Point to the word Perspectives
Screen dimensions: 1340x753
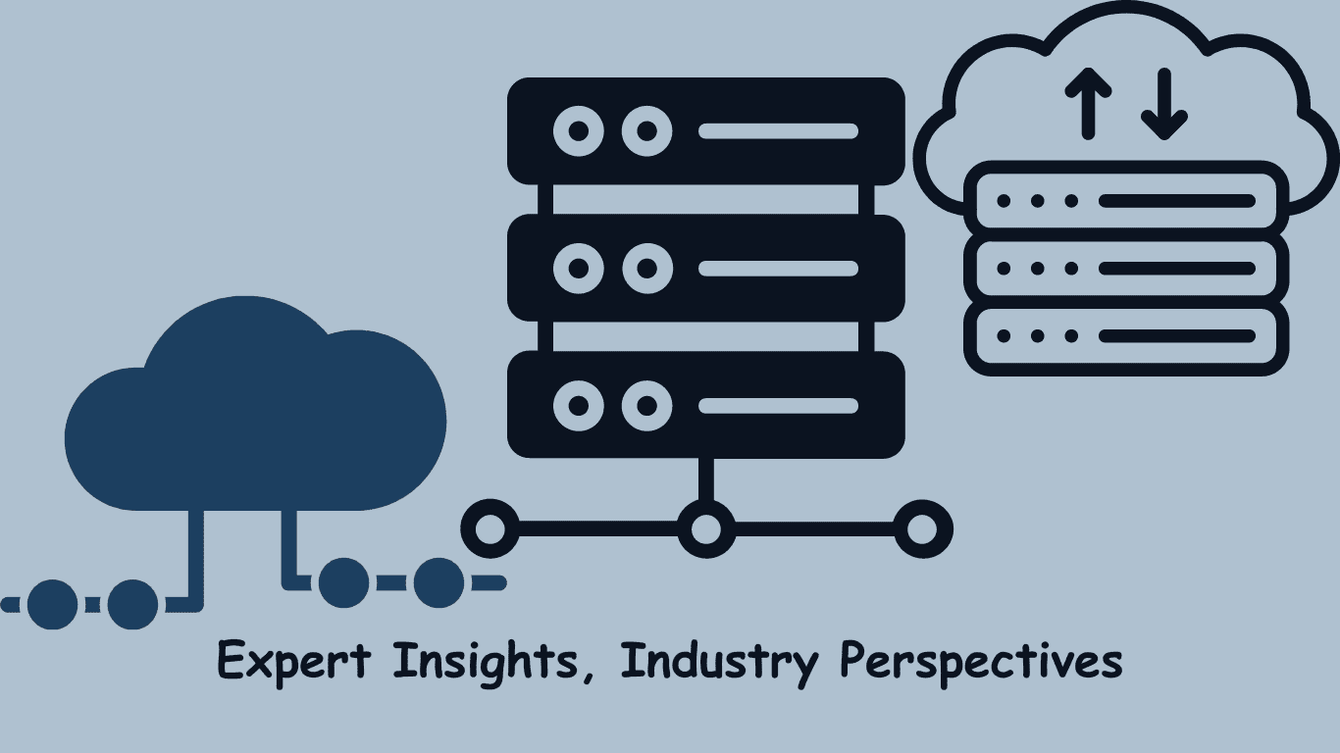tap(981, 663)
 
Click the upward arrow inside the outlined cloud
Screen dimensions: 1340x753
tap(1088, 103)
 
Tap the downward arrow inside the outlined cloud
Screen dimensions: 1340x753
tap(1164, 103)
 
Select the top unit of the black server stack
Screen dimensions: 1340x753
tap(705, 131)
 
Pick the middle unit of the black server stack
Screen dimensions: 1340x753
tap(705, 268)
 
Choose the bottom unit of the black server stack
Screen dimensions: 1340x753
tap(705, 404)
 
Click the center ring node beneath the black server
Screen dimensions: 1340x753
tap(705, 528)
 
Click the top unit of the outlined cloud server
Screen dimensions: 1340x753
tap(1126, 201)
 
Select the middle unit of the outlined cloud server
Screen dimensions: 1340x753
tap(1126, 268)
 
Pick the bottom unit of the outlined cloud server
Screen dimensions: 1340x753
tap(1126, 335)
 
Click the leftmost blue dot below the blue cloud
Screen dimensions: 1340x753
tap(52, 604)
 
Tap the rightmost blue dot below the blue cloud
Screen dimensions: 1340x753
tap(438, 583)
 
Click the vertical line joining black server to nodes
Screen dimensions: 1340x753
tap(705, 480)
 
